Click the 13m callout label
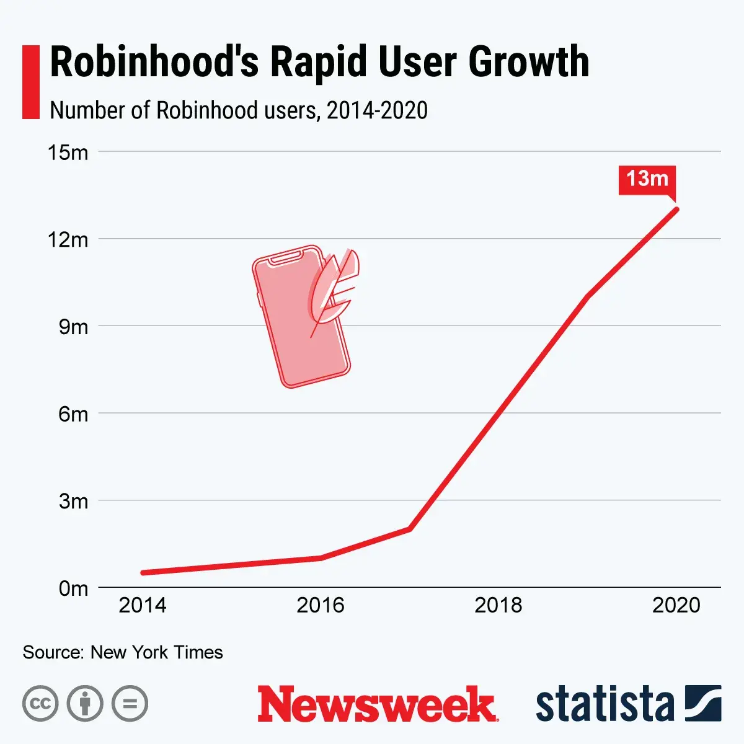click(647, 180)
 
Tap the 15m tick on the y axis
click(68, 153)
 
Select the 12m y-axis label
click(68, 240)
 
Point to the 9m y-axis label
click(73, 327)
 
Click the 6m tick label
click(73, 414)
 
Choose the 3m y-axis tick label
click(73, 501)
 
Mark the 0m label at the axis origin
click(73, 588)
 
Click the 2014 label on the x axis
click(143, 605)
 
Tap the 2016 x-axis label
click(321, 605)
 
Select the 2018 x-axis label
click(498, 605)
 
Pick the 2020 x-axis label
click(676, 605)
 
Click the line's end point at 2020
click(676, 209)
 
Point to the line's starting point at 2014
click(143, 573)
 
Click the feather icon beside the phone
click(335, 288)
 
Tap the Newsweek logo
click(378, 704)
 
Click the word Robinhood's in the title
click(154, 62)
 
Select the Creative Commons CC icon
click(40, 704)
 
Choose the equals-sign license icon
click(130, 704)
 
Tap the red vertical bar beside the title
click(30, 81)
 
